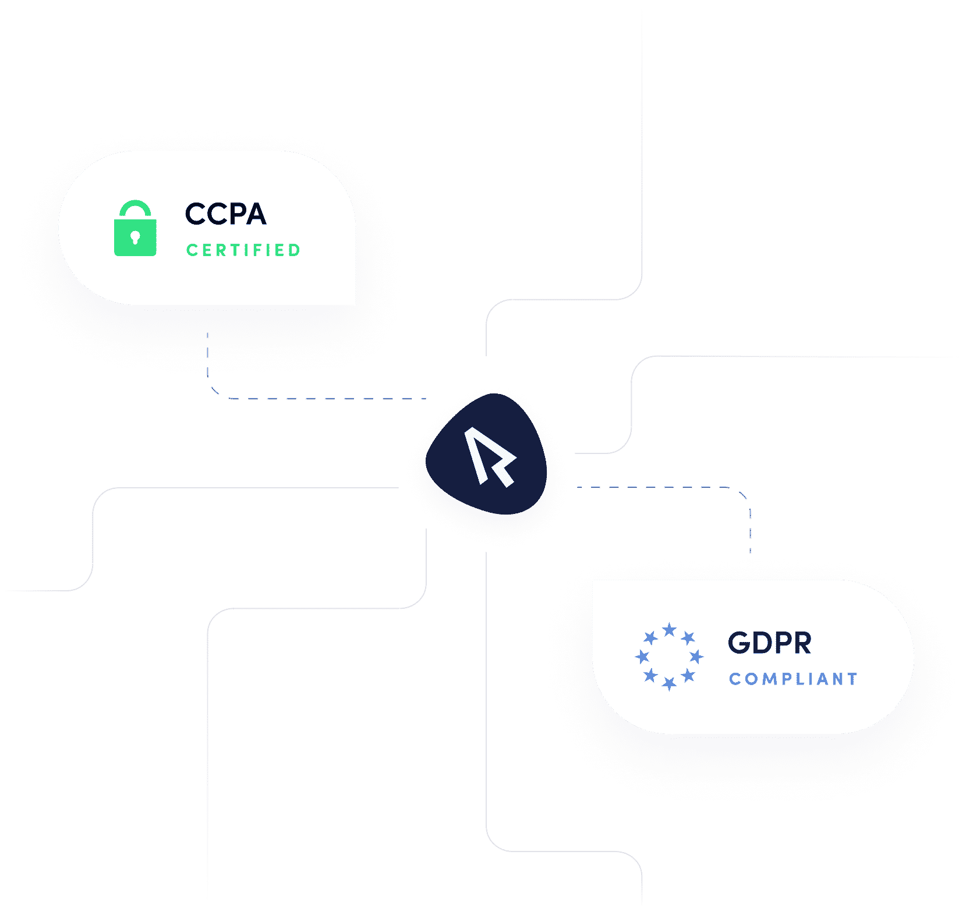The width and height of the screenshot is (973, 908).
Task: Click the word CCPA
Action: pos(225,214)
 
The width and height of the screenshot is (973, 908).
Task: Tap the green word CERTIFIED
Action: pos(243,250)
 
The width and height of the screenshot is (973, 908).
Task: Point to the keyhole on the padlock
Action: pos(135,237)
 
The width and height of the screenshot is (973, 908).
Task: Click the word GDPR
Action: pos(769,643)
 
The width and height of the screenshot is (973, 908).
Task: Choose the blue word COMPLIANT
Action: pos(793,679)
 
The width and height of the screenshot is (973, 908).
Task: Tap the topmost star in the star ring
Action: pos(670,629)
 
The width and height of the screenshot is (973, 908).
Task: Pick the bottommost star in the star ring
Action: pos(670,683)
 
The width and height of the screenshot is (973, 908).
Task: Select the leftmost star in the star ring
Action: pos(642,657)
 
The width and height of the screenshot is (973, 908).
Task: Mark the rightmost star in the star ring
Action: pos(696,657)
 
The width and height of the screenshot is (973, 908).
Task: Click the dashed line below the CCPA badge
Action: pos(208,361)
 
